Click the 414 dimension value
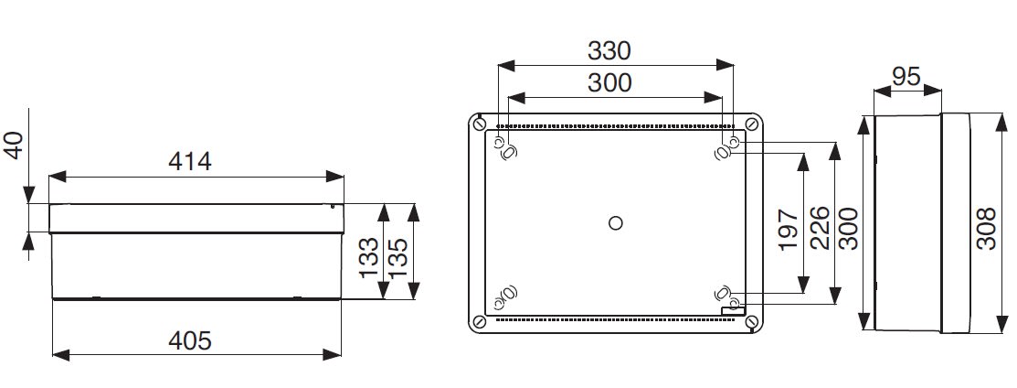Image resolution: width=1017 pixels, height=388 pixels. [190, 161]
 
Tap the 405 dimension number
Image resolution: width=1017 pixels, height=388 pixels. [190, 340]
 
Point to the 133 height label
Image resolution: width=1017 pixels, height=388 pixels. [369, 259]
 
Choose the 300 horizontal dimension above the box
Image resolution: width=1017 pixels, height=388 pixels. [610, 82]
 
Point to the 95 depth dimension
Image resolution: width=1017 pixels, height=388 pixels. [906, 78]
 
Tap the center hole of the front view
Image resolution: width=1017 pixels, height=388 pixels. [615, 222]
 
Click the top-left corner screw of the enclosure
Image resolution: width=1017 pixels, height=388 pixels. [480, 123]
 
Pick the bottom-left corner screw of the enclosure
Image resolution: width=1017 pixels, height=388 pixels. [480, 321]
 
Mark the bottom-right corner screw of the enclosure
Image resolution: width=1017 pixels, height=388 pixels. [751, 321]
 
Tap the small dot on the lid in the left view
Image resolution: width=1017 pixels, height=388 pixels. [333, 207]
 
